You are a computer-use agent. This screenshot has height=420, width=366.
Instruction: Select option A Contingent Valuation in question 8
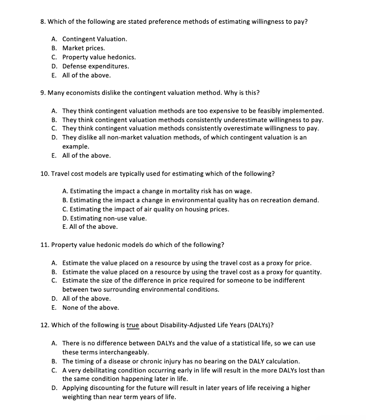click(94, 39)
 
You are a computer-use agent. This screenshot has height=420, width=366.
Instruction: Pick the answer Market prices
click(83, 48)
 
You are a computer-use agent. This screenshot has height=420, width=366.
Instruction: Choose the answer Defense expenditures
click(95, 66)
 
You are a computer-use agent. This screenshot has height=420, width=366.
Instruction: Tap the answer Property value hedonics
click(99, 57)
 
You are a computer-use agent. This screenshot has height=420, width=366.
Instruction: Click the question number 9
click(43, 93)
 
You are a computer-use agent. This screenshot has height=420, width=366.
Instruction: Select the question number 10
click(45, 173)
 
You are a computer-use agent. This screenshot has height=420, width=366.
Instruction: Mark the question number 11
click(45, 245)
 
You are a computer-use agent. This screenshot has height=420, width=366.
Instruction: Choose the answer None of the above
click(91, 308)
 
